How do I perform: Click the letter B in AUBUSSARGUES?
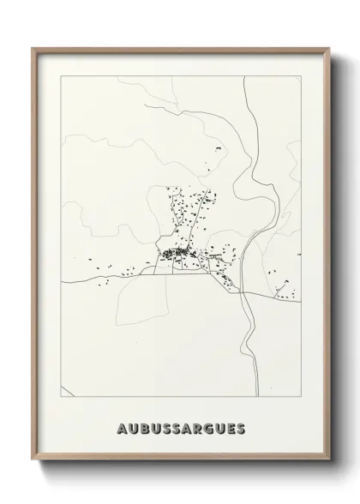click(141, 428)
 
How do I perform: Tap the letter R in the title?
click(199, 428)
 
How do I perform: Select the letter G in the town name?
click(213, 428)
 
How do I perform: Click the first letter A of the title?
click(116, 428)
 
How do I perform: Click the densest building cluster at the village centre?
click(177, 253)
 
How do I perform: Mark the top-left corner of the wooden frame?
click(32, 47)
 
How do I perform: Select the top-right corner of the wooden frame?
click(330, 47)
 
